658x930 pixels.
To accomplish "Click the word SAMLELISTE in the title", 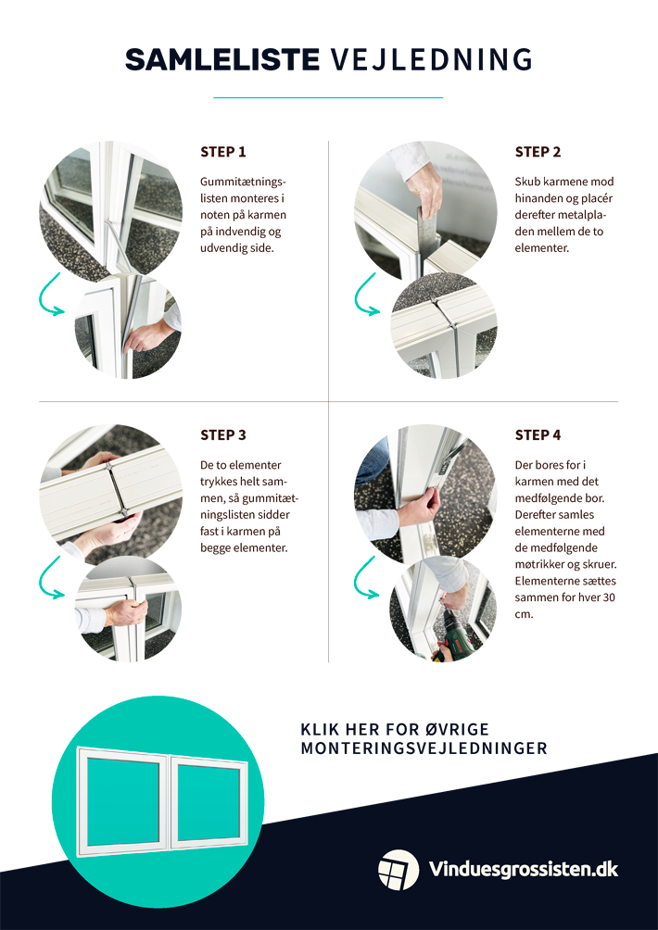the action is tap(221, 59).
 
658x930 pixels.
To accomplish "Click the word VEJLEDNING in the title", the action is tap(431, 59).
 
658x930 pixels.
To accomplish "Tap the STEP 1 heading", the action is tap(223, 152).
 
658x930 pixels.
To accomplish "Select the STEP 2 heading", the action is tap(538, 152).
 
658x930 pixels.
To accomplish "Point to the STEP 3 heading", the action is tap(223, 434).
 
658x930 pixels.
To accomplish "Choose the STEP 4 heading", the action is tap(538, 434).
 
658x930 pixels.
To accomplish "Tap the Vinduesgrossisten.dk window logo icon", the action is tap(399, 870).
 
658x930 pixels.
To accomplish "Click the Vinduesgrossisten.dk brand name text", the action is tap(524, 870).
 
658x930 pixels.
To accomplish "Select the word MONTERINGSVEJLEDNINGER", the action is tap(424, 748).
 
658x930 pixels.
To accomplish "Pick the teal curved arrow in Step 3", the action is tap(49, 578).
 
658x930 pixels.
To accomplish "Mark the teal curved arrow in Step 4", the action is tap(365, 578).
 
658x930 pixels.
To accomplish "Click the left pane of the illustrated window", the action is tap(123, 798).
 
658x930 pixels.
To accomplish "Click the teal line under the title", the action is tap(328, 97).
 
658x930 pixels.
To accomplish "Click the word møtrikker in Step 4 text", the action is tap(538, 564).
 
